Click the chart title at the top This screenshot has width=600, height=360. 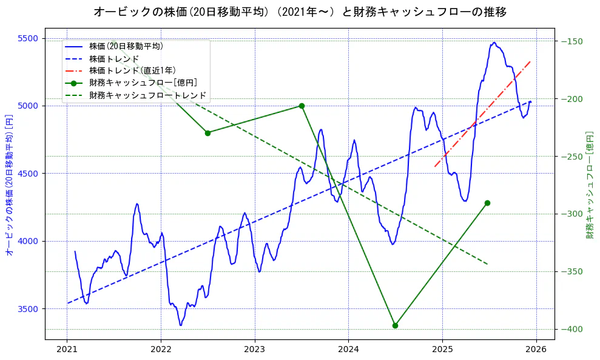(x=300, y=12)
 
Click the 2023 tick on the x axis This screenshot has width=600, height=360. (x=254, y=350)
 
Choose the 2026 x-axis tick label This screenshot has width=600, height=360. (x=536, y=350)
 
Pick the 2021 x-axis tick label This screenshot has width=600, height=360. (x=67, y=350)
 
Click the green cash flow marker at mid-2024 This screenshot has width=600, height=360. (x=395, y=325)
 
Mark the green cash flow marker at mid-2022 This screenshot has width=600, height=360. (x=207, y=133)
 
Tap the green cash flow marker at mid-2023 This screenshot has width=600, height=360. (x=302, y=106)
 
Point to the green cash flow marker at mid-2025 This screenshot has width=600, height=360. (x=487, y=203)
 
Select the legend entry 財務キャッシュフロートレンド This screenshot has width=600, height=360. (x=148, y=95)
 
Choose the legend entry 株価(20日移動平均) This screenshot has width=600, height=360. (x=126, y=46)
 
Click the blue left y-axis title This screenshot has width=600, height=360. (x=9, y=185)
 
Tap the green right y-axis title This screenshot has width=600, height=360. (x=589, y=185)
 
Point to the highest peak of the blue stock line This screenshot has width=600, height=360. (x=494, y=42)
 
